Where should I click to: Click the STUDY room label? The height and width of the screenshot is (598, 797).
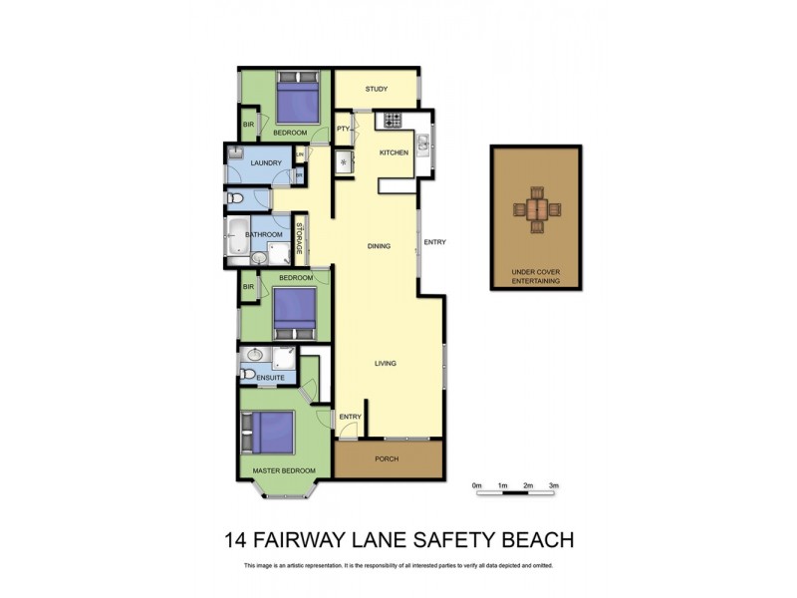376,90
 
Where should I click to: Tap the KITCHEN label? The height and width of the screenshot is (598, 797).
395,151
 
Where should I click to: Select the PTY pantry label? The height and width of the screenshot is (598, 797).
343,129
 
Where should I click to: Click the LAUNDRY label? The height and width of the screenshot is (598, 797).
266,162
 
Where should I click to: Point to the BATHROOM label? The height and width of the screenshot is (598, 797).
265,235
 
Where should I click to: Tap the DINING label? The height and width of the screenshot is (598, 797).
379,246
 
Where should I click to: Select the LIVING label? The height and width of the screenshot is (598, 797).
386,363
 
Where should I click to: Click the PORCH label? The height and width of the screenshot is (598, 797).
387,458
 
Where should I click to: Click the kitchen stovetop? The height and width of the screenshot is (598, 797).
389,121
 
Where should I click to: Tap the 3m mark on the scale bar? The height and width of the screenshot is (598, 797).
555,485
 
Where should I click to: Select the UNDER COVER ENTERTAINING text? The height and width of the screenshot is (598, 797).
536,277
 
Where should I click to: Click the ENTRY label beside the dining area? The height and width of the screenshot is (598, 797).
434,242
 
